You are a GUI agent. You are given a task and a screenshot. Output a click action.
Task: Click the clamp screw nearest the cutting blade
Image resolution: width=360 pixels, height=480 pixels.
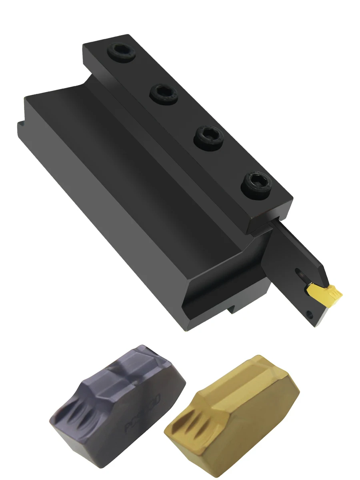click(256, 183)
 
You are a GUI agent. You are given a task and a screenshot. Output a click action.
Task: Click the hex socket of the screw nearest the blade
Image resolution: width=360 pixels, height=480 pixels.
click(256, 182)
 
